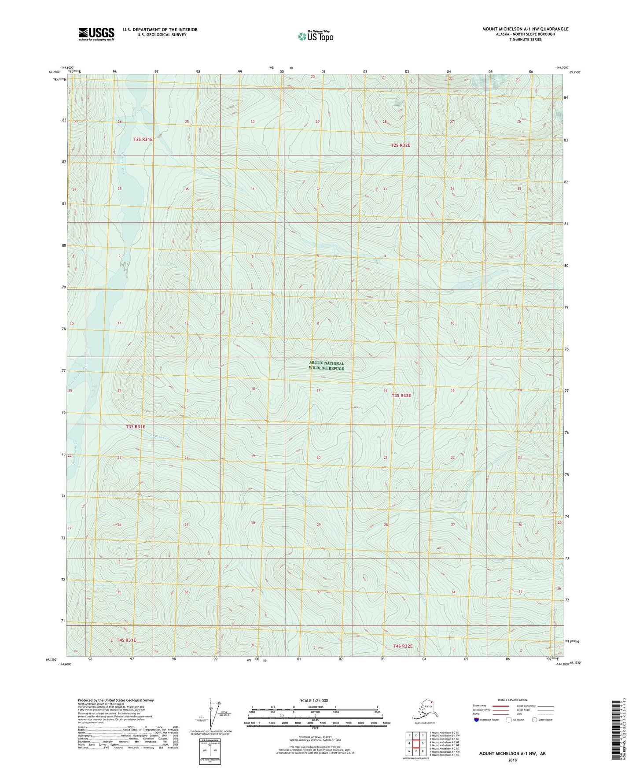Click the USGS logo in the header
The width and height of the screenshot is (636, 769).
tap(96, 34)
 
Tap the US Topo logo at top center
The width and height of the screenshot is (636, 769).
tap(315, 36)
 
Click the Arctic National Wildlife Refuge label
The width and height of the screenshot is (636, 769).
tap(326, 366)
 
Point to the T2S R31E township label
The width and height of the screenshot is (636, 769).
tap(143, 139)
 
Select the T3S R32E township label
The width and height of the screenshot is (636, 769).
tap(401, 396)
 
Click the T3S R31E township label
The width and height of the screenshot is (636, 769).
tap(135, 427)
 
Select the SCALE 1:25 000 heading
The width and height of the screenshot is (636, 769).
tap(314, 701)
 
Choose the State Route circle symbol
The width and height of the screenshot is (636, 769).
tap(535, 720)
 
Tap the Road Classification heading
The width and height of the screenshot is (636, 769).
tap(512, 700)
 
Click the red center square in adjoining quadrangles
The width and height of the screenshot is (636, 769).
tap(416, 743)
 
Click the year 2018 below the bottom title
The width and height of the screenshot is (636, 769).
tap(512, 760)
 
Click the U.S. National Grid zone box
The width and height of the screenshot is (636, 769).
tap(210, 748)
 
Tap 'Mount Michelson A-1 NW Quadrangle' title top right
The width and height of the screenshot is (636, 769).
tap(525, 29)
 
